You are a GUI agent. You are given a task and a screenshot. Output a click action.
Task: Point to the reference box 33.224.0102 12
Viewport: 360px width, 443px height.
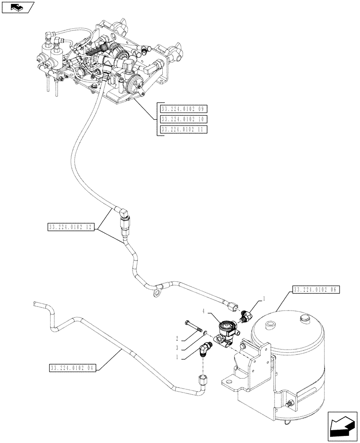71,228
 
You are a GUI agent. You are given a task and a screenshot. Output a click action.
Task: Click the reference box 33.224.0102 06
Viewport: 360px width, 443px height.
315,290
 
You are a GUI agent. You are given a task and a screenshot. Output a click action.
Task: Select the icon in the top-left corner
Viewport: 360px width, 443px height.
18,7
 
